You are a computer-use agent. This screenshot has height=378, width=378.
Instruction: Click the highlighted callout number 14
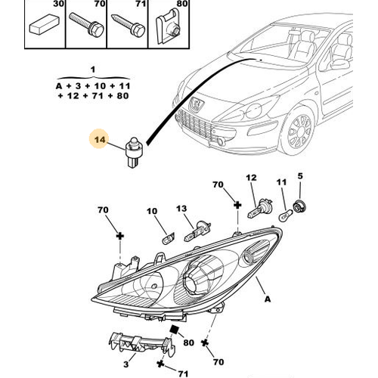[x=100, y=139]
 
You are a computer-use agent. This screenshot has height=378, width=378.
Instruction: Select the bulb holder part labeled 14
[x=134, y=152]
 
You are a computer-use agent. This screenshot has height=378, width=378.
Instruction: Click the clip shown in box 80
[x=169, y=26]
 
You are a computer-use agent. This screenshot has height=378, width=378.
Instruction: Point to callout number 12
[x=251, y=178]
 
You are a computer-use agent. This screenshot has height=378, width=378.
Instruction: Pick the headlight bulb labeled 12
[x=259, y=208]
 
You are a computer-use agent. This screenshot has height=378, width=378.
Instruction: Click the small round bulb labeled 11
[x=286, y=216]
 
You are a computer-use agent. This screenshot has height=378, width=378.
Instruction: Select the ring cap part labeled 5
[x=299, y=205]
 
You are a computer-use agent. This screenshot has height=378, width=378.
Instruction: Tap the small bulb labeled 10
[x=169, y=238]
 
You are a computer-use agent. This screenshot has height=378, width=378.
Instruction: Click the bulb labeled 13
[x=197, y=231]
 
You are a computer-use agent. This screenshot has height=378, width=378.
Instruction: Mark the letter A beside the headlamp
[x=268, y=299]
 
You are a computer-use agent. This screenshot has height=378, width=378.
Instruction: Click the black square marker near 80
[x=174, y=330]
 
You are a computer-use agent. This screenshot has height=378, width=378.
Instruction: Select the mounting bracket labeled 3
[x=142, y=344]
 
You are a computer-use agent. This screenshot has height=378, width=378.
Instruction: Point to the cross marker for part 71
[x=160, y=364]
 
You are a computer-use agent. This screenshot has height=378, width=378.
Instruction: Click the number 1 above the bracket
[x=93, y=70]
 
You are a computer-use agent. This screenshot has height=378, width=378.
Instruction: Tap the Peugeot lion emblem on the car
[x=197, y=104]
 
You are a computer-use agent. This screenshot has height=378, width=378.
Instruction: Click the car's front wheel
[x=297, y=131]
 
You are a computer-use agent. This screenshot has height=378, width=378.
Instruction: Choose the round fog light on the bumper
[x=222, y=141]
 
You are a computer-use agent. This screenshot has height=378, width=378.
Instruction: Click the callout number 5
[x=300, y=176]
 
